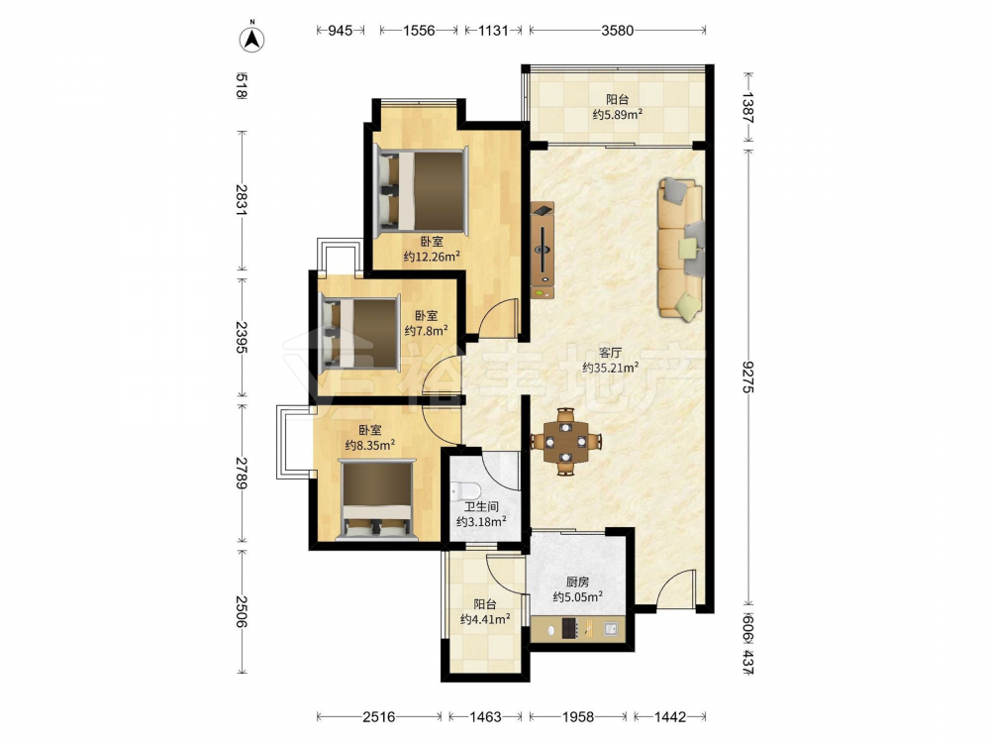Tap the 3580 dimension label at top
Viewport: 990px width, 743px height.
pyautogui.click(x=617, y=30)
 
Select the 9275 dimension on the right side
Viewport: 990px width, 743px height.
pyautogui.click(x=748, y=376)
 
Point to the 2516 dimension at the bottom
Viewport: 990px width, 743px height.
pyautogui.click(x=379, y=716)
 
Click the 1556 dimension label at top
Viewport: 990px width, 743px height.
pyautogui.click(x=419, y=30)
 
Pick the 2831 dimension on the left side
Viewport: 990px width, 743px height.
pyautogui.click(x=241, y=199)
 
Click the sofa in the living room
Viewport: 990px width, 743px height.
pyautogui.click(x=681, y=248)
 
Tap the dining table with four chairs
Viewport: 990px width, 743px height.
pyautogui.click(x=565, y=441)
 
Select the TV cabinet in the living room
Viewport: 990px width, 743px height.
pyautogui.click(x=543, y=251)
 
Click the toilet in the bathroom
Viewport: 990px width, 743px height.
pyautogui.click(x=465, y=490)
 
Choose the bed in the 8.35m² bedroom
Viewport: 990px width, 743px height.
pyautogui.click(x=377, y=500)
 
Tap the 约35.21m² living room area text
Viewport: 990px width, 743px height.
pyautogui.click(x=611, y=368)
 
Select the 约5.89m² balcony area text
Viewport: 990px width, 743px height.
pyautogui.click(x=618, y=114)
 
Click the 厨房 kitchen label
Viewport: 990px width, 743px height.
pyautogui.click(x=577, y=582)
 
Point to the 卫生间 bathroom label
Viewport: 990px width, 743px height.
pyautogui.click(x=481, y=506)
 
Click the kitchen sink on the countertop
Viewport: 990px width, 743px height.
pyautogui.click(x=611, y=629)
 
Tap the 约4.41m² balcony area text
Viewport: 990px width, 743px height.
pyautogui.click(x=485, y=620)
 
